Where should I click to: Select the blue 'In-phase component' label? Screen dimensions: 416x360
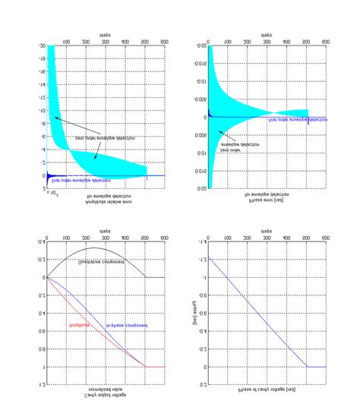pyautogui.click(x=126, y=325)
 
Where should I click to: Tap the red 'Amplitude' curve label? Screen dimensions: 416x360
pyautogui.click(x=80, y=324)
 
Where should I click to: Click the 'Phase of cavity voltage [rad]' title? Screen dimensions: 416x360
pyautogui.click(x=267, y=389)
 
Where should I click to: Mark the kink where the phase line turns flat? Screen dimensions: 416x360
pyautogui.click(x=307, y=367)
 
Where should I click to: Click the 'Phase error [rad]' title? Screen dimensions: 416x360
pyautogui.click(x=267, y=202)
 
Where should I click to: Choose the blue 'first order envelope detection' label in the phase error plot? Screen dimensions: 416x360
pyautogui.click(x=298, y=119)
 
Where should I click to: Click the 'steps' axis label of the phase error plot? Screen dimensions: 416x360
pyautogui.click(x=267, y=35)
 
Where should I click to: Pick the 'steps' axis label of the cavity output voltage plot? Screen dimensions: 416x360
pyautogui.click(x=106, y=228)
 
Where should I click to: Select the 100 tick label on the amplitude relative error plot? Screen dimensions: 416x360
pyautogui.click(x=66, y=43)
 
